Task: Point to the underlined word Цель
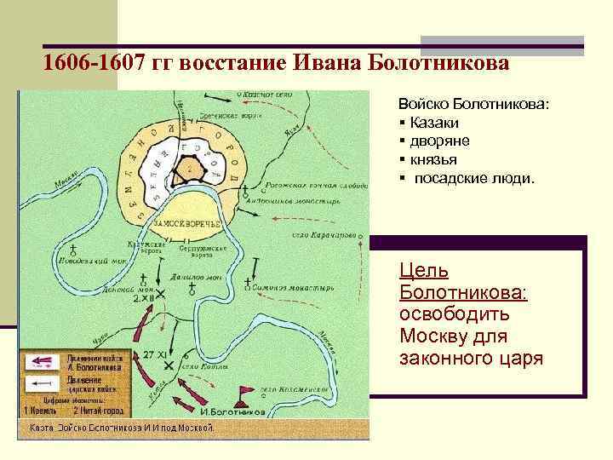425,272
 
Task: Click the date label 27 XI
155,354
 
